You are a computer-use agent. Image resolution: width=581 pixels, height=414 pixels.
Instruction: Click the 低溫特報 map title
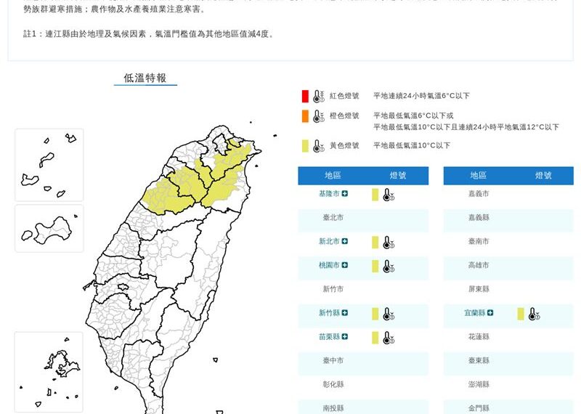(145, 78)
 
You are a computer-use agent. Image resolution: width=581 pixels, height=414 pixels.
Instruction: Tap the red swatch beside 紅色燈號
(306, 96)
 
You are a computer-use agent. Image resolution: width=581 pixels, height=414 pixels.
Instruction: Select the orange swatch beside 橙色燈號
(306, 116)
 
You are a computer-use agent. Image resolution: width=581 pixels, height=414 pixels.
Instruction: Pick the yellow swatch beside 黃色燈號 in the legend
(306, 146)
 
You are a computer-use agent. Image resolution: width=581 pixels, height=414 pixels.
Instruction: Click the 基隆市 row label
(329, 194)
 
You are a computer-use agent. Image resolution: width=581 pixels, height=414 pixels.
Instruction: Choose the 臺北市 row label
(333, 218)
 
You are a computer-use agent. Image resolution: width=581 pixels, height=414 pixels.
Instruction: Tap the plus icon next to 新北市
(345, 242)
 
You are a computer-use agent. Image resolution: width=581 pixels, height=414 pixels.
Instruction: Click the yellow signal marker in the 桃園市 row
(375, 266)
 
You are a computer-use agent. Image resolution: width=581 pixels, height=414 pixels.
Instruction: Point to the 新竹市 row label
(333, 289)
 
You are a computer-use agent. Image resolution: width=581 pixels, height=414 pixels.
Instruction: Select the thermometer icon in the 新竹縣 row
(389, 314)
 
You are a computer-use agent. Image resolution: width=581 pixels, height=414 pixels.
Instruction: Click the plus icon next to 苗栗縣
(345, 337)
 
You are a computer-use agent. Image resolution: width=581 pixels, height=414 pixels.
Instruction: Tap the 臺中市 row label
(333, 360)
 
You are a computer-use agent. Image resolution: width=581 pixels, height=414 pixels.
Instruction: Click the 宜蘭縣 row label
(475, 313)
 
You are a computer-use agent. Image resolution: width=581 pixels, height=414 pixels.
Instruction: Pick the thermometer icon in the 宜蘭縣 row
(534, 314)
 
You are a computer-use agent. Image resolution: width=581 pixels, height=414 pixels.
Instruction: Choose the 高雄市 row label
(479, 266)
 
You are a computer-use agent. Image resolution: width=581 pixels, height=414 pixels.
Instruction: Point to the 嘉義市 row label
(479, 194)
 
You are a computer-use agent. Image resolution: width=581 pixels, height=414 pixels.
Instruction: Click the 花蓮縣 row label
(479, 337)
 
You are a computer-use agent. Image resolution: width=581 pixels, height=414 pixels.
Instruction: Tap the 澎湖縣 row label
(479, 384)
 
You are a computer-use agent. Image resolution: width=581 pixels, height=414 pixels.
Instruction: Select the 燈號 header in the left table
(398, 176)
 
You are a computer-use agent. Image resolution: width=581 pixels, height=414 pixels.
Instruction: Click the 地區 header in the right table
(479, 176)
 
